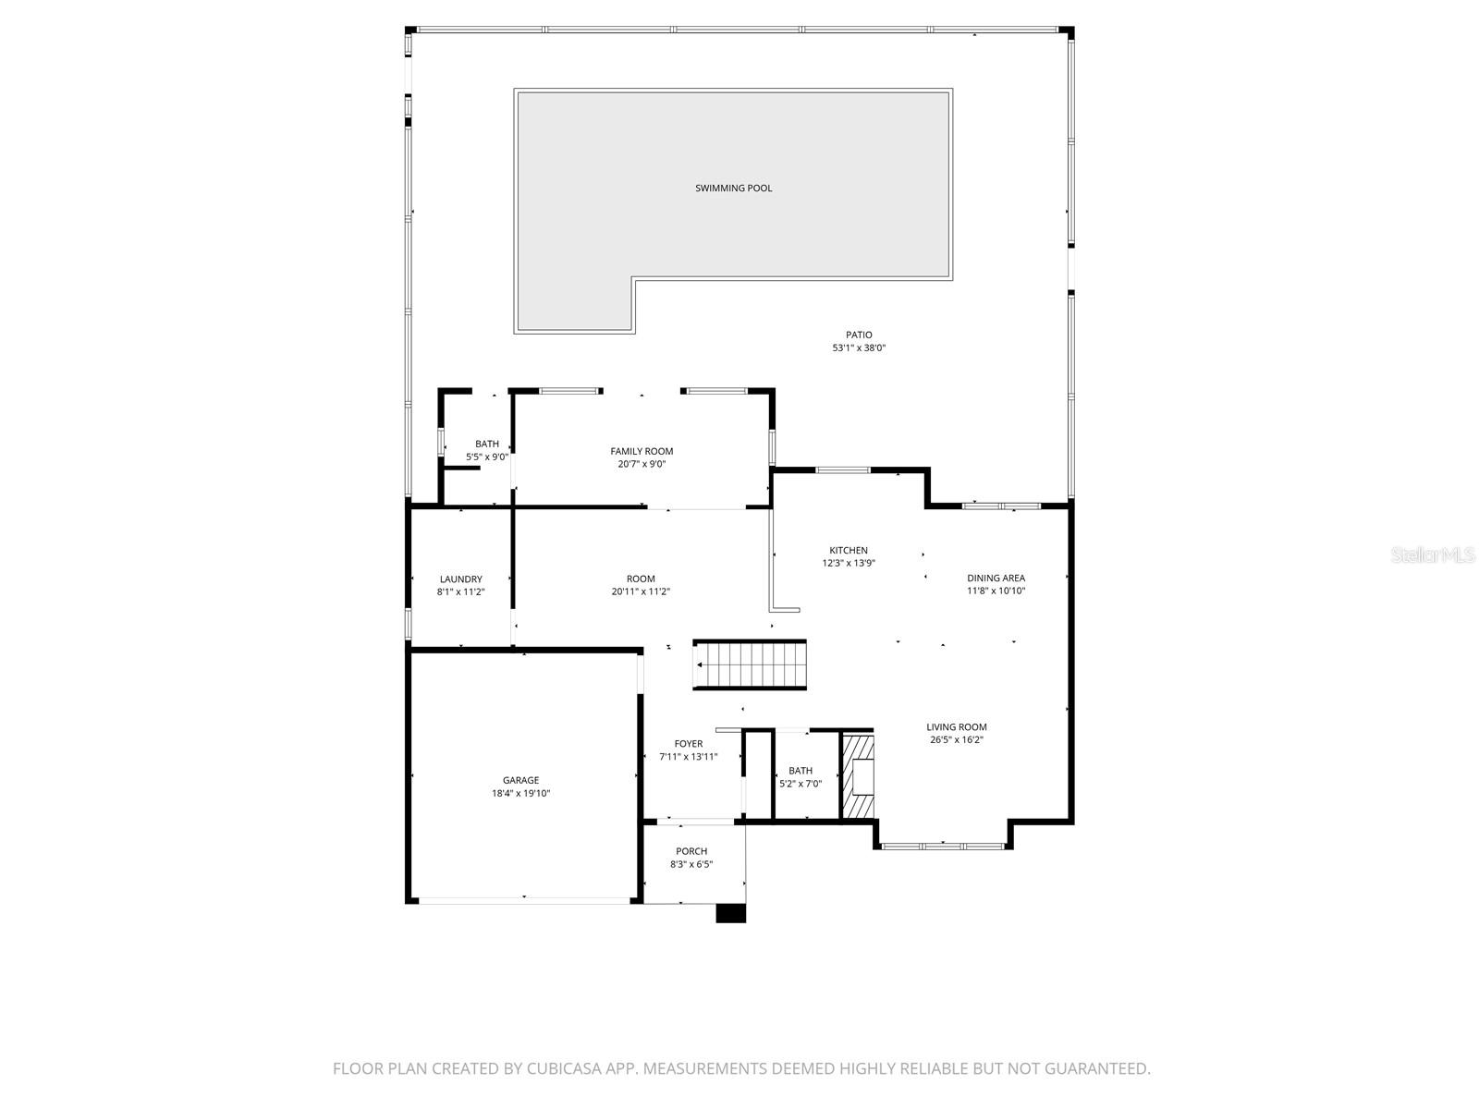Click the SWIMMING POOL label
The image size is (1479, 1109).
pyautogui.click(x=733, y=189)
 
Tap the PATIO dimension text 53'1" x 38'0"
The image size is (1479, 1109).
pyautogui.click(x=859, y=348)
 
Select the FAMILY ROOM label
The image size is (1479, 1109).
pyautogui.click(x=642, y=451)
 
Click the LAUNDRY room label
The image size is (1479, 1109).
pyautogui.click(x=460, y=579)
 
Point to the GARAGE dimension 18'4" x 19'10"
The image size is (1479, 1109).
pyautogui.click(x=520, y=793)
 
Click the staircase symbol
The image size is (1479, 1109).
pyautogui.click(x=751, y=664)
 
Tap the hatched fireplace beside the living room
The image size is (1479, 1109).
pyautogui.click(x=858, y=776)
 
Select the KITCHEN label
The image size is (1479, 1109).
pyautogui.click(x=848, y=551)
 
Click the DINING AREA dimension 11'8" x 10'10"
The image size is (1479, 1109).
pyautogui.click(x=996, y=591)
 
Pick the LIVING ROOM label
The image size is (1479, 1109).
pyautogui.click(x=957, y=727)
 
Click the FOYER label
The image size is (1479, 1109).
pyautogui.click(x=688, y=744)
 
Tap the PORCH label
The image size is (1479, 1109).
pyautogui.click(x=691, y=852)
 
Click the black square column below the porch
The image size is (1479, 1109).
pyautogui.click(x=731, y=912)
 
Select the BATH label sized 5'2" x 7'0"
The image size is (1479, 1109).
pyautogui.click(x=801, y=771)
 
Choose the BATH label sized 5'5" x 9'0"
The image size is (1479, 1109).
pyautogui.click(x=487, y=445)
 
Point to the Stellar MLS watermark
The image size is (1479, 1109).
pyautogui.click(x=1434, y=554)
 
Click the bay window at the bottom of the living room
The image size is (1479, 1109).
pyautogui.click(x=942, y=845)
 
